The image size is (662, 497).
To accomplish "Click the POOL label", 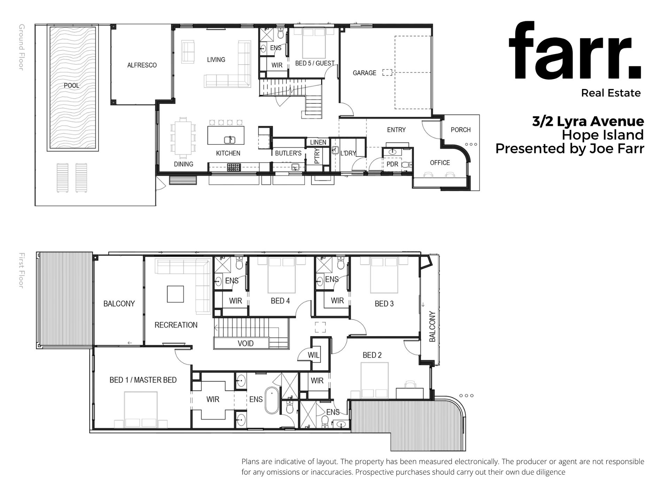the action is tap(71, 85).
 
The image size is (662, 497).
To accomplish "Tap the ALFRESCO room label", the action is tap(142, 65).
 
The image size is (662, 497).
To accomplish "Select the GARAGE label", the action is tap(364, 73).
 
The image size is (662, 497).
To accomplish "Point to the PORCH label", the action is tap(461, 130).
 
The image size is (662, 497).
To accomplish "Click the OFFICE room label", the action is tap(440, 163).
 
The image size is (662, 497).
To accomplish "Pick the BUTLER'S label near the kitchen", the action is tap(288, 153).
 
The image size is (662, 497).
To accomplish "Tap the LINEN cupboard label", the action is tap(318, 142).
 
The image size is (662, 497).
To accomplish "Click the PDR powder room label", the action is tap(392, 164).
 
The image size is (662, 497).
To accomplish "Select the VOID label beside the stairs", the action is tap(246, 344).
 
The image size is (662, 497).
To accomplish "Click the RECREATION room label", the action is tap(176, 325).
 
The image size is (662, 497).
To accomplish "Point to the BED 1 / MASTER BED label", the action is tap(143, 380).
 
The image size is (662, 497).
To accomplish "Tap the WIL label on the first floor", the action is tap(314, 355).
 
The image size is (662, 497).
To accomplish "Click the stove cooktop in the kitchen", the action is tap(233, 167).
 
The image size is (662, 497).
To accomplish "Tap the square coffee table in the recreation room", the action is tap(175, 294).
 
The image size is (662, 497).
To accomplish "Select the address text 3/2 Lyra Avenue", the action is tap(588, 121).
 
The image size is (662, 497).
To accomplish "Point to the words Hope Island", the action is tap(603, 135).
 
